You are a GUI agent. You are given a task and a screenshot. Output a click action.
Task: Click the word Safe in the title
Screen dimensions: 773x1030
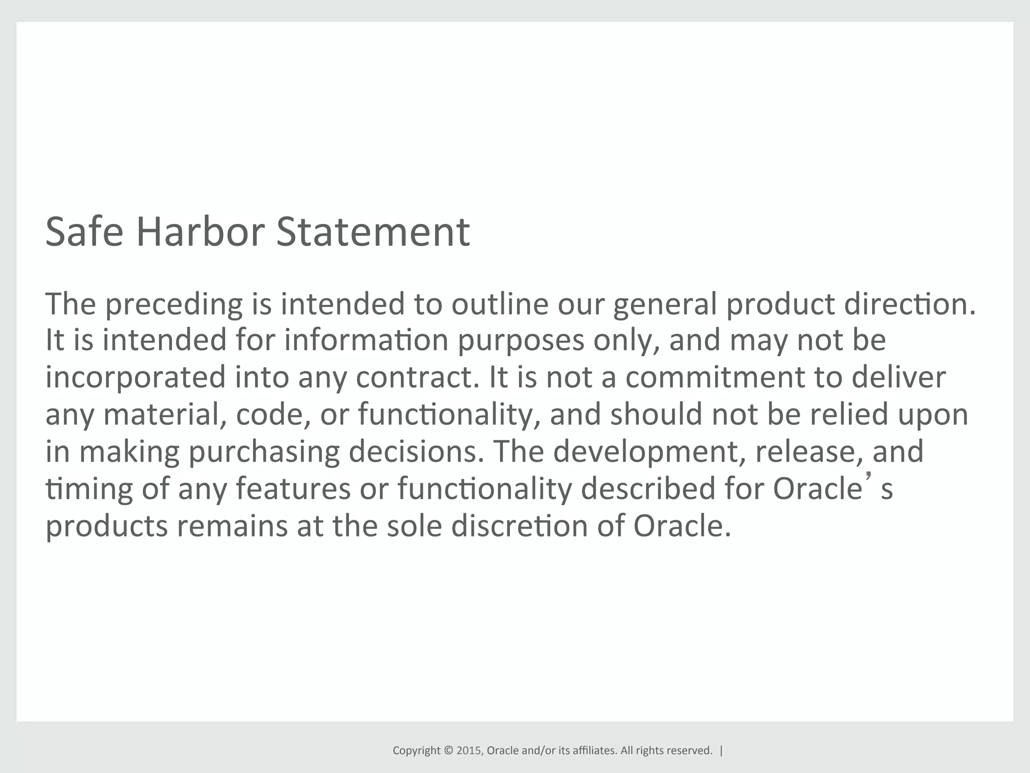tap(84, 231)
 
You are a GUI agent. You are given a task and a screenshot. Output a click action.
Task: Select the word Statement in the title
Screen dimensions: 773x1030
tap(373, 231)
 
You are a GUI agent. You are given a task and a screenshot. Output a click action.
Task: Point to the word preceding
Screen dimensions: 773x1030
tap(174, 304)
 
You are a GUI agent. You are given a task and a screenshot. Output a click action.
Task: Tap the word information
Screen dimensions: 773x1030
tap(366, 340)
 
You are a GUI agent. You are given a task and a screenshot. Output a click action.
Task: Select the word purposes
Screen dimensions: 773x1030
tap(521, 341)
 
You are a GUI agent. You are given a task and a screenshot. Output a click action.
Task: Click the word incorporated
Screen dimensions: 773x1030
tap(136, 378)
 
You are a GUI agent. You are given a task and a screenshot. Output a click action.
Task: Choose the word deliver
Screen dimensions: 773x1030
tap(898, 377)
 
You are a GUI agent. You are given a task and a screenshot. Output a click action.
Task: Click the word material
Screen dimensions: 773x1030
tap(164, 414)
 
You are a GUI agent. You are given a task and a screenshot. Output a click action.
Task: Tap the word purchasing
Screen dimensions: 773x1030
tap(264, 452)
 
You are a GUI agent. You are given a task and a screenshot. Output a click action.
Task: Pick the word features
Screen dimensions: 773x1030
tap(293, 488)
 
